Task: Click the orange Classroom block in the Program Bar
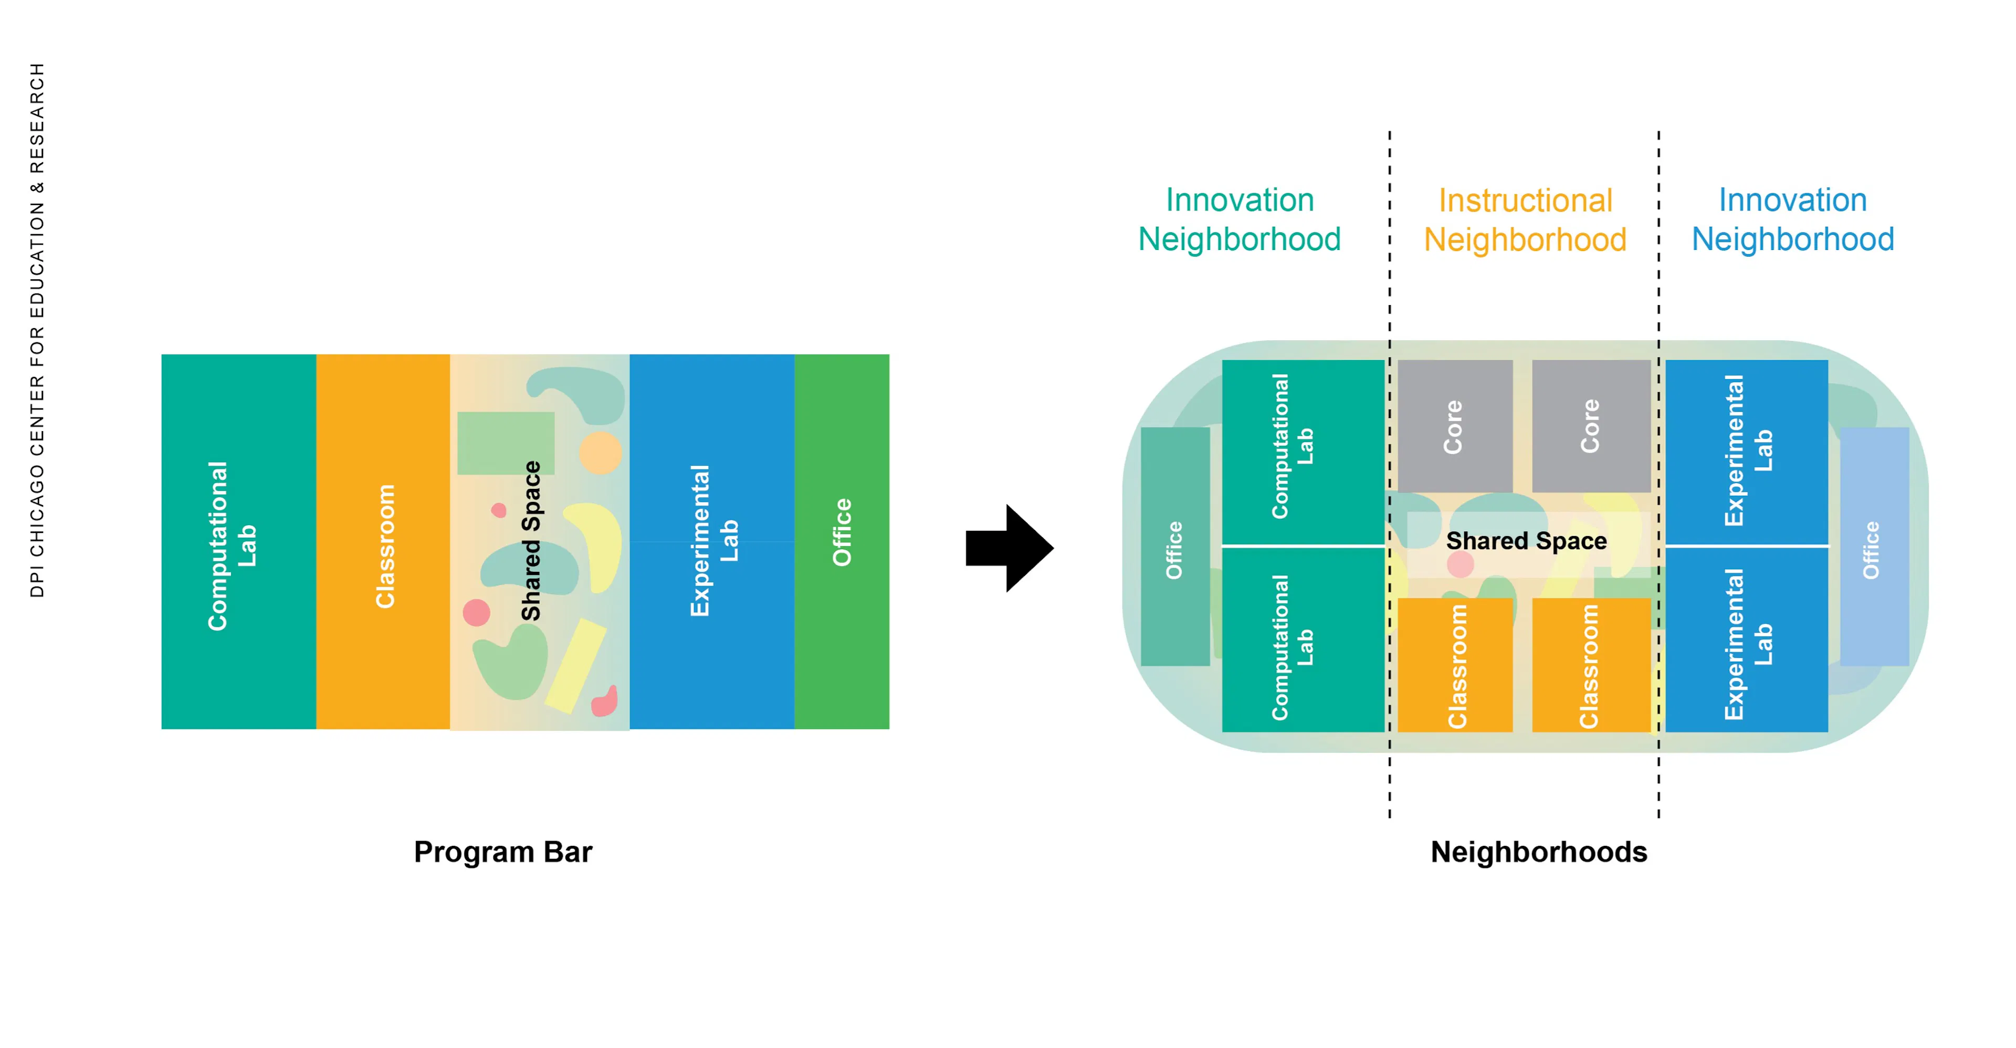(383, 542)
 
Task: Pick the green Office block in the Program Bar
(841, 542)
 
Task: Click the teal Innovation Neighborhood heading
(1240, 219)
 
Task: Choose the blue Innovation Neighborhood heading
(1792, 219)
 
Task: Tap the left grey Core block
(1454, 426)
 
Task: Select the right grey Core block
(1590, 426)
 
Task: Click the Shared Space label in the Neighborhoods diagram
(1526, 541)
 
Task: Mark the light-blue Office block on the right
(1874, 548)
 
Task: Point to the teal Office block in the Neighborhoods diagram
(1175, 548)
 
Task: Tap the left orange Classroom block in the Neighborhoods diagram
(1455, 665)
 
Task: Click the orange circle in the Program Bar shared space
(600, 453)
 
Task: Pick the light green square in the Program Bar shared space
(505, 442)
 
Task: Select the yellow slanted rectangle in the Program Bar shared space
(575, 665)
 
